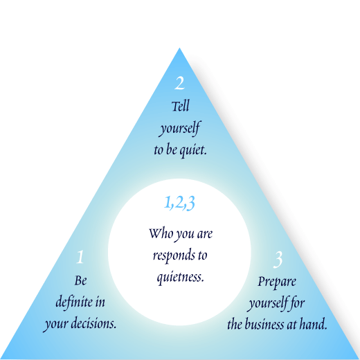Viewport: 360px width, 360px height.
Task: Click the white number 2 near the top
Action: click(179, 83)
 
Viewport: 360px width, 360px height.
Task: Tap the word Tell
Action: click(181, 106)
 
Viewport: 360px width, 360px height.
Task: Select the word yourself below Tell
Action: click(180, 128)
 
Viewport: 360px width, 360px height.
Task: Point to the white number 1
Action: click(80, 257)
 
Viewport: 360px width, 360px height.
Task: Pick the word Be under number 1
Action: click(80, 280)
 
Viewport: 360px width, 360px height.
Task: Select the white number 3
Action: click(278, 260)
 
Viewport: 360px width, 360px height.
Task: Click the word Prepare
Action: click(277, 282)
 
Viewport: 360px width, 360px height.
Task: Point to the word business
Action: click(264, 324)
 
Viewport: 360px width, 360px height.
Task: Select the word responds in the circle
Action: click(172, 255)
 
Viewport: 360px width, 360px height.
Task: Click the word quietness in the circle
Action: click(181, 277)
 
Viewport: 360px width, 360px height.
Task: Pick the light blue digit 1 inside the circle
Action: click(167, 202)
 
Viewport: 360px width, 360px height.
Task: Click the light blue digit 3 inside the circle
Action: click(190, 203)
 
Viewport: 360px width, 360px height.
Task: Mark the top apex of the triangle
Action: click(179, 48)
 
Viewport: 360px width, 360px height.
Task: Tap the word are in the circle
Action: click(205, 234)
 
